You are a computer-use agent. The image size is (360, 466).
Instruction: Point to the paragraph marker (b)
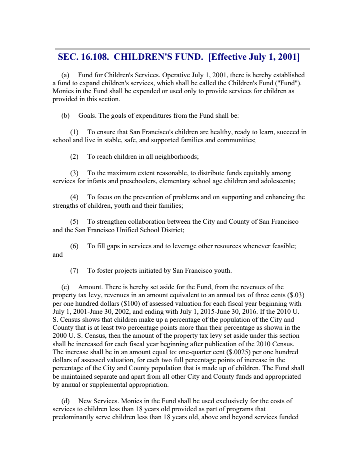coord(65,115)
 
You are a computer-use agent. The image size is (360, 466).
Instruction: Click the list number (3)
coord(74,173)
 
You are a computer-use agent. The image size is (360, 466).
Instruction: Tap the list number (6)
coord(74,246)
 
